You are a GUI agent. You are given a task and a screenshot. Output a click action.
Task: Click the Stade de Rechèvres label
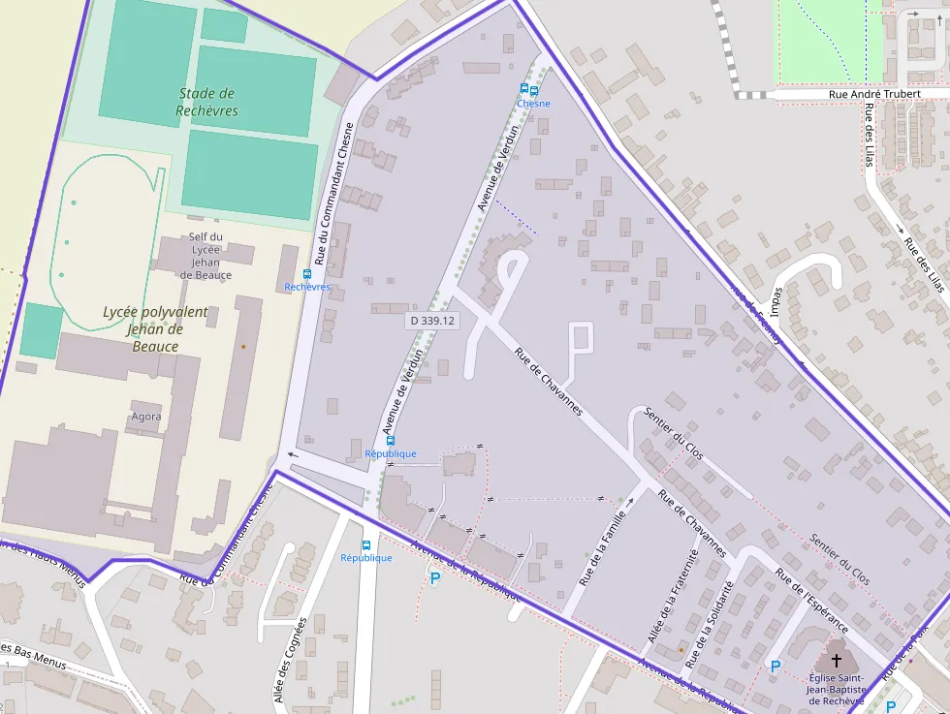point(207,102)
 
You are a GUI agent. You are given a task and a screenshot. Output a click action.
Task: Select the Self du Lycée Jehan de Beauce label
point(206,256)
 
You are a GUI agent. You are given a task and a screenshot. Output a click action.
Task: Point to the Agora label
point(145,417)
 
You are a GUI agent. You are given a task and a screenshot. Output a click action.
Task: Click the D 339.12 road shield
point(432,320)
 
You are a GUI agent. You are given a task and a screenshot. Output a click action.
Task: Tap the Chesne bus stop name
point(533,104)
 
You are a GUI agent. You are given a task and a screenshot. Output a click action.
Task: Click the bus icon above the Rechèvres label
point(307,274)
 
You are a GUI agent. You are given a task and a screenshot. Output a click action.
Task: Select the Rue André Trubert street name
point(873,94)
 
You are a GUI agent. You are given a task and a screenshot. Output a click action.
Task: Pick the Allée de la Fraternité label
point(673,597)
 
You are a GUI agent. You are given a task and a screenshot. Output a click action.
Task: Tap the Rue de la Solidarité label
point(709,625)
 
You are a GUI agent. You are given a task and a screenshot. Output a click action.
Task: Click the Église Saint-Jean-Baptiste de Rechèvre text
point(836,689)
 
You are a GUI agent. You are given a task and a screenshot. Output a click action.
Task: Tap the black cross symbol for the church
point(836,660)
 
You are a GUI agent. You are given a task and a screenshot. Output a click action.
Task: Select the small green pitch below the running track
point(41,330)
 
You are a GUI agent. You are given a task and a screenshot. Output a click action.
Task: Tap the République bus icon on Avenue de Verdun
point(391,441)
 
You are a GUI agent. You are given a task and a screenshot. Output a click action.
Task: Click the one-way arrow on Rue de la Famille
point(628,503)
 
